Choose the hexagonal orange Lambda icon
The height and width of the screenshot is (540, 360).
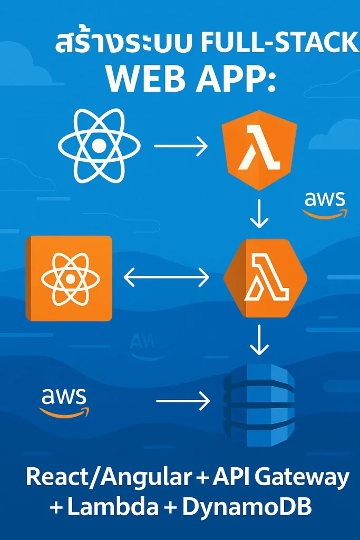[x=265, y=278]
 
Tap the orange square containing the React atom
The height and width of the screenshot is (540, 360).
[x=69, y=278]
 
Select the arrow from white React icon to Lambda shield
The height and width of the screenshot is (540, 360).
[x=181, y=146]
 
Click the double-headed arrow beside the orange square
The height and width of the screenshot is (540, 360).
[x=167, y=277]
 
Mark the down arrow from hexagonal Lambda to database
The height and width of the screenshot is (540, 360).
[x=259, y=340]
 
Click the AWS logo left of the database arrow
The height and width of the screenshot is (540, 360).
[x=64, y=402]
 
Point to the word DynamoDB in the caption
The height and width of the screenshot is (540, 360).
[x=247, y=507]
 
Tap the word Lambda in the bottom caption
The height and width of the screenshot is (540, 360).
[x=113, y=507]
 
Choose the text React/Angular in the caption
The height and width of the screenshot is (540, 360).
[x=108, y=477]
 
